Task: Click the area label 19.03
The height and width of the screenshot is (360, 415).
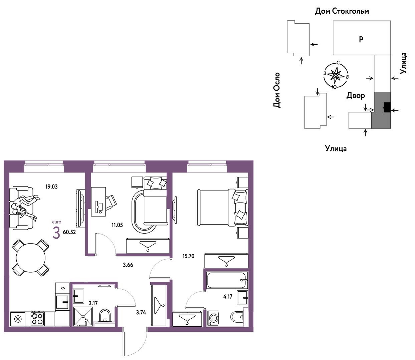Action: [x=51, y=187]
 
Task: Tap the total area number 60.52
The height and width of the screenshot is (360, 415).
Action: [x=69, y=232]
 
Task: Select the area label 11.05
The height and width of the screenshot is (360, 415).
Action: [x=117, y=225]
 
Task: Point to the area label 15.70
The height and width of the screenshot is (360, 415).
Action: [x=188, y=256]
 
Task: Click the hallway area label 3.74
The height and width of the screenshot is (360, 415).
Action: [x=141, y=312]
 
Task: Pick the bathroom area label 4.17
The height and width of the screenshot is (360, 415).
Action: [x=228, y=296]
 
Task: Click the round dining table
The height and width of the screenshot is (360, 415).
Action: [x=31, y=258]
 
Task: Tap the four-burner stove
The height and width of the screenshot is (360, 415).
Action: [x=37, y=319]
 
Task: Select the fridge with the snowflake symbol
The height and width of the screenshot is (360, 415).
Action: [x=18, y=319]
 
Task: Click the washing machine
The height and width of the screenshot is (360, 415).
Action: [x=213, y=318]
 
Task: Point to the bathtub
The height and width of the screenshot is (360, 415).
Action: [x=227, y=280]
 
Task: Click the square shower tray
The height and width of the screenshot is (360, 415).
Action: [x=83, y=316]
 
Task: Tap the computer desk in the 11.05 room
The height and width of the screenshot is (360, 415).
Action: [x=98, y=202]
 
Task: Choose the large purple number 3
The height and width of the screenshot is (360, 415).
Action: [x=56, y=233]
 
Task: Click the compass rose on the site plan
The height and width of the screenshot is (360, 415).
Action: [x=336, y=75]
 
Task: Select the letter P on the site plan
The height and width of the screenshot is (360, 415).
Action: [x=361, y=39]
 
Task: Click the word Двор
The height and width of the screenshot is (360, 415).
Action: [x=355, y=95]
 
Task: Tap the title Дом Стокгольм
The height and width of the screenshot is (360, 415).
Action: [x=342, y=11]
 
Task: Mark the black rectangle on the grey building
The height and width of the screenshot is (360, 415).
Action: [x=387, y=107]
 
